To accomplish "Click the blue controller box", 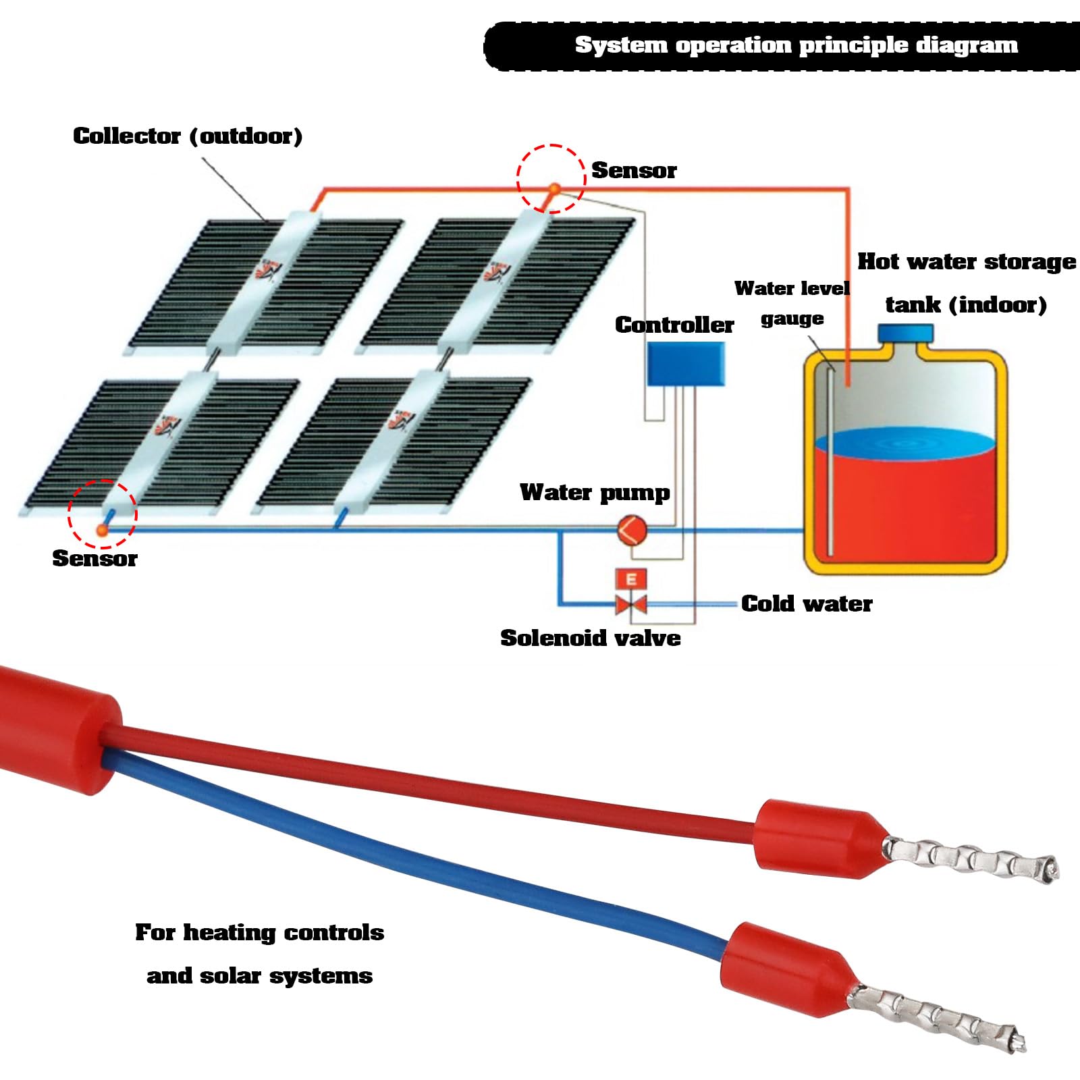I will click(x=686, y=363).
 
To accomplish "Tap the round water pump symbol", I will click(x=632, y=530).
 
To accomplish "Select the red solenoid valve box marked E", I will click(x=631, y=579).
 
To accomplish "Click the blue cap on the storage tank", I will click(x=905, y=333).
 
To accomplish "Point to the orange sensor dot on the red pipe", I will click(x=553, y=189).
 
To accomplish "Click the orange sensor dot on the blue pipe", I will click(x=103, y=531).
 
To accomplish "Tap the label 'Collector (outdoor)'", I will click(x=188, y=136).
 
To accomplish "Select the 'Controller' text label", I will click(x=674, y=325).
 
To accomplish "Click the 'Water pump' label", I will click(x=595, y=492).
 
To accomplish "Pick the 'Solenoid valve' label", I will click(x=590, y=638).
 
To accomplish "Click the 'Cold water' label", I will click(x=806, y=603).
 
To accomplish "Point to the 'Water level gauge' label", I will click(x=792, y=302).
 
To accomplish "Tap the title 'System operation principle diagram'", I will click(x=796, y=45).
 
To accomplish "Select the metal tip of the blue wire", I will click(x=938, y=1016).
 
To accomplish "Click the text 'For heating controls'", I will click(x=259, y=932).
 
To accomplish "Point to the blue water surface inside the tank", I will click(x=905, y=443).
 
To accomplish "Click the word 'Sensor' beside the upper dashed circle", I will click(x=634, y=171).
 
